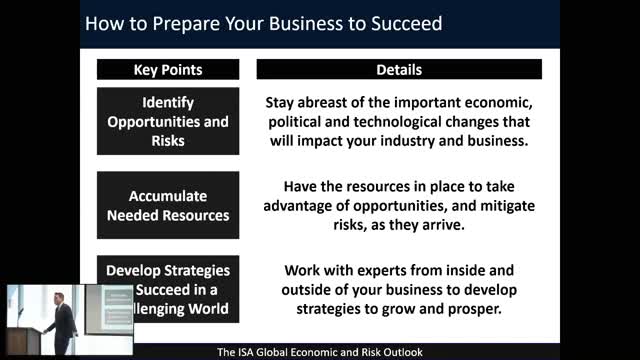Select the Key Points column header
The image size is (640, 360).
tap(168, 70)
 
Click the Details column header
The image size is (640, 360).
tap(399, 70)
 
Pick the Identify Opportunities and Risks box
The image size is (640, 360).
tap(168, 121)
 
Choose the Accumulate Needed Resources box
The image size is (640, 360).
tap(168, 205)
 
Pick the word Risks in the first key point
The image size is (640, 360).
tap(168, 139)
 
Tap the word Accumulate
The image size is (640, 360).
tap(168, 196)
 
